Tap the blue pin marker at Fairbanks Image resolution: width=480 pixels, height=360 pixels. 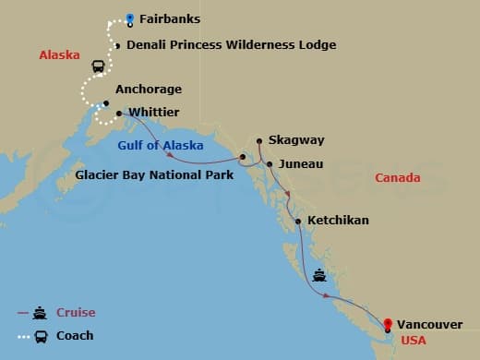129,18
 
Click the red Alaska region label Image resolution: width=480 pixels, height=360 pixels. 59,55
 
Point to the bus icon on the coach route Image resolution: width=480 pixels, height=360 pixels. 97,66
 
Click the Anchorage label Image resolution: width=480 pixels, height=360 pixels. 149,90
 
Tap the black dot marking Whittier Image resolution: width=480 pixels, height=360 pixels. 120,113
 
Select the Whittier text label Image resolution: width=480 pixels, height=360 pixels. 155,113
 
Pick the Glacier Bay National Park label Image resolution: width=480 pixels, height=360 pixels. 155,173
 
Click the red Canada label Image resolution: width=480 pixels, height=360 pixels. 398,177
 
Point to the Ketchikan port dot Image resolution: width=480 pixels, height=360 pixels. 297,221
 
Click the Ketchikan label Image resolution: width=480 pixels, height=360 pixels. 338,221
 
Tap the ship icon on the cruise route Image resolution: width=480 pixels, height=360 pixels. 319,274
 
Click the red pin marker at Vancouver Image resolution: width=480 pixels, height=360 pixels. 388,323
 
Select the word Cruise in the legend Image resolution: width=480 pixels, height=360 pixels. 76,312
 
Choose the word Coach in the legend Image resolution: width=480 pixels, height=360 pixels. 75,335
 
